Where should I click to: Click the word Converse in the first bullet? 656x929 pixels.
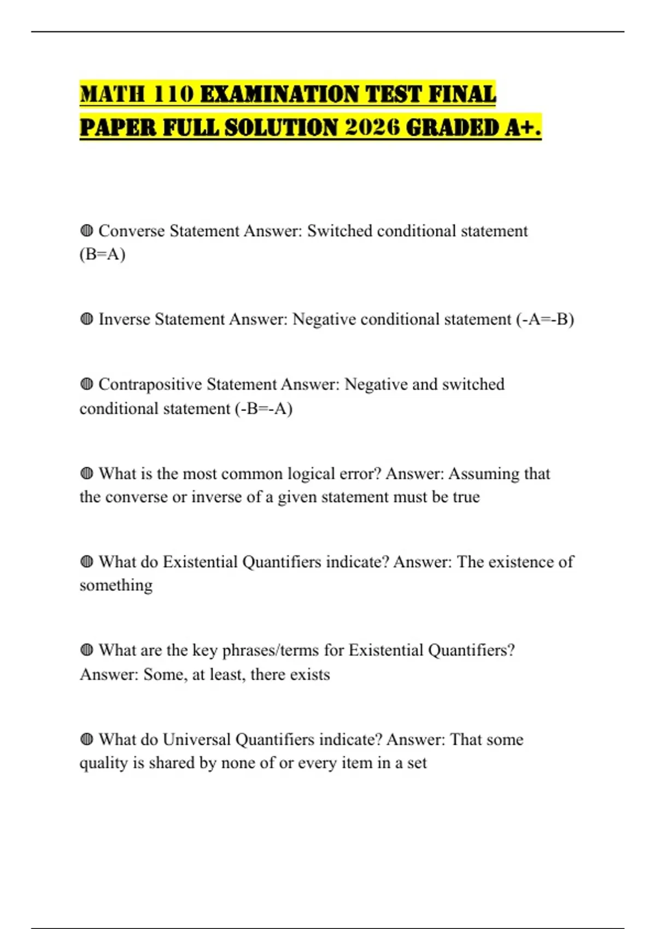point(131,231)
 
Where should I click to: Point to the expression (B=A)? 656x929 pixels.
point(102,254)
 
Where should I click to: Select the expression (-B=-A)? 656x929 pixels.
point(263,408)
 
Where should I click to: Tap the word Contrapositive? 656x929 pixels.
point(150,384)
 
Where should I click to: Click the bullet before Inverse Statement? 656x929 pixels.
point(86,319)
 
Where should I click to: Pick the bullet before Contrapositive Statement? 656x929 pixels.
point(86,384)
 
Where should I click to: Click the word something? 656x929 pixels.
point(116,585)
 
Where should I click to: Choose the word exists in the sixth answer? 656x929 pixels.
point(310,674)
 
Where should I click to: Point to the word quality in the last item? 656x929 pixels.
point(104,763)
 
